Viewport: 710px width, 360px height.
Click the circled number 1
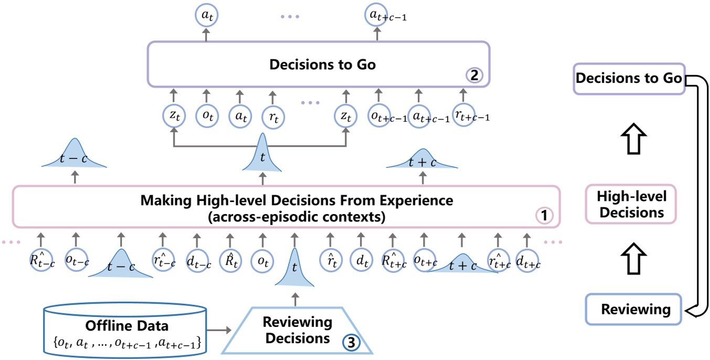(544, 216)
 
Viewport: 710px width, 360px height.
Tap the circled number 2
(474, 75)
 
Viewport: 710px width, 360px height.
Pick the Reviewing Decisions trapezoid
(298, 331)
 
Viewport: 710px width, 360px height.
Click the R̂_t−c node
(43, 259)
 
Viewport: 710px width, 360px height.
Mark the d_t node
(360, 259)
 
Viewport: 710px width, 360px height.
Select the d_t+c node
(527, 259)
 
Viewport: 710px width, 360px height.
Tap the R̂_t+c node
(394, 259)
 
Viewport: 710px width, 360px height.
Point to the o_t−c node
(76, 259)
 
